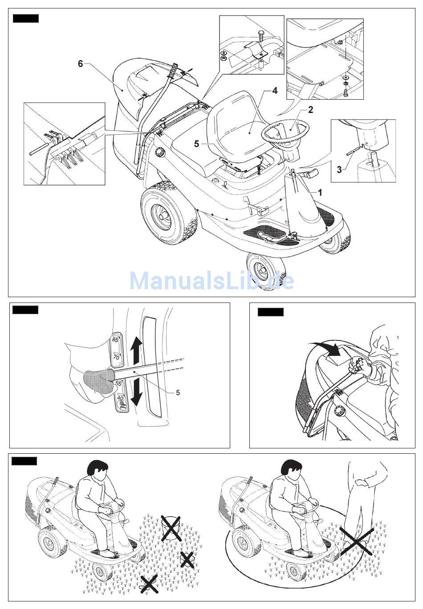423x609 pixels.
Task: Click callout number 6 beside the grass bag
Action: click(x=81, y=64)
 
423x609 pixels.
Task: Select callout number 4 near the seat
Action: click(x=275, y=91)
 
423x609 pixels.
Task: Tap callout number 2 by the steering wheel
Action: click(x=310, y=110)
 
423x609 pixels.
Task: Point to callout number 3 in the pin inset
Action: click(x=339, y=169)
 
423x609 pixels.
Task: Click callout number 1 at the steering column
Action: click(x=320, y=193)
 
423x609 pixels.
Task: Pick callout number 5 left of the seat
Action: click(x=196, y=144)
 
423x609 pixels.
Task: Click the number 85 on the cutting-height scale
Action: click(x=115, y=340)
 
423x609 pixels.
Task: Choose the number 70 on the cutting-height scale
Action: click(x=116, y=357)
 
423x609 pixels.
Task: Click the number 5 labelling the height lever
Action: click(x=178, y=392)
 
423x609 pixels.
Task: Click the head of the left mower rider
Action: click(x=98, y=471)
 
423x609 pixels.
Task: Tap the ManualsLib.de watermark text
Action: click(x=211, y=281)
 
